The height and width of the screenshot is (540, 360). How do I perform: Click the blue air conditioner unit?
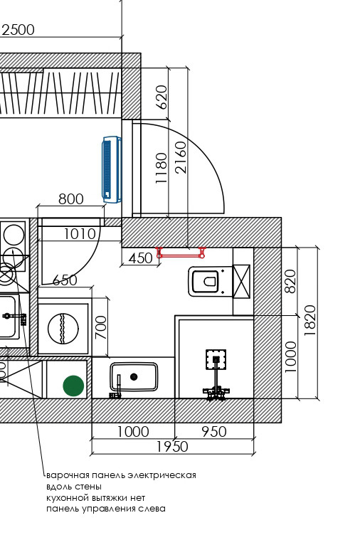(112, 169)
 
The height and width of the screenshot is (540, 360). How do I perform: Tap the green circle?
(73, 386)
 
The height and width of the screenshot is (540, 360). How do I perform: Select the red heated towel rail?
(181, 253)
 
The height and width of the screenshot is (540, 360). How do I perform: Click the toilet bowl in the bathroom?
(206, 281)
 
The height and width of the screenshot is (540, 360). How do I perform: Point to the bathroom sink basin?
(134, 377)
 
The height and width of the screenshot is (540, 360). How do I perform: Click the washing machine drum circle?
(63, 329)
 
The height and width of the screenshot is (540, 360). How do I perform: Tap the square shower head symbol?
(216, 359)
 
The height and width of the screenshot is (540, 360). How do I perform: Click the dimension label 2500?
(18, 30)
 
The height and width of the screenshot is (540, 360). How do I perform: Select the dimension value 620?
(162, 97)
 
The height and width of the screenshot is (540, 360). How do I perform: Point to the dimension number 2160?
(181, 157)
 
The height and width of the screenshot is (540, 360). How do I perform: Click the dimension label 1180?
(162, 168)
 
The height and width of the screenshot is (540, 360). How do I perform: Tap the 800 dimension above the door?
(71, 199)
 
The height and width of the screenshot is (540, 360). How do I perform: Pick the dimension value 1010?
(80, 234)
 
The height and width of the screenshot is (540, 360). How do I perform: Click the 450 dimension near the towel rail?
(141, 258)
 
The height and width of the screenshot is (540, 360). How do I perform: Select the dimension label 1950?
(173, 447)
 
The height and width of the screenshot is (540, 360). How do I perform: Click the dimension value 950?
(214, 432)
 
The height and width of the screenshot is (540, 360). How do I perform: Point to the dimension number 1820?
(310, 321)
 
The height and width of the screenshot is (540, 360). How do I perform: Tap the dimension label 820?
(291, 281)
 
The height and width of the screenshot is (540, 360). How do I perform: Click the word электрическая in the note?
(162, 475)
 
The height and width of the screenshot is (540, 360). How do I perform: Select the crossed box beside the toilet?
(242, 281)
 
